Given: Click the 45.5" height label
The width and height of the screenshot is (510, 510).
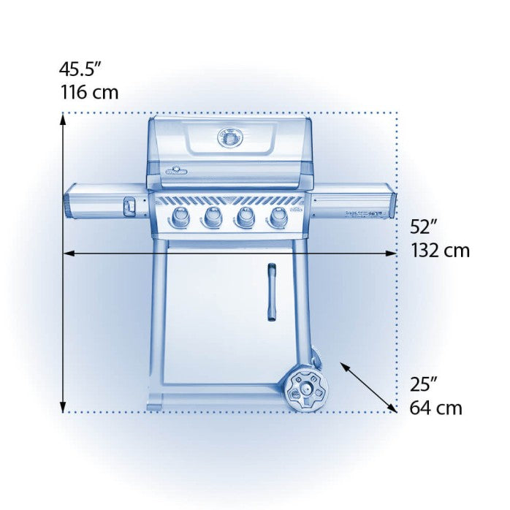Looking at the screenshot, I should tap(80, 69).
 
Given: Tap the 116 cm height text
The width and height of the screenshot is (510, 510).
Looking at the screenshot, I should tap(88, 93).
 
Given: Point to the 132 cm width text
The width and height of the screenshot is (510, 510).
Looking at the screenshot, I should tap(440, 251).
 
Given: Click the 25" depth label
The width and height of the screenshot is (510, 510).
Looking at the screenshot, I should tap(424, 383).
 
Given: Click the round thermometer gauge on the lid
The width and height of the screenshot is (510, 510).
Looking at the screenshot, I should tap(229, 137).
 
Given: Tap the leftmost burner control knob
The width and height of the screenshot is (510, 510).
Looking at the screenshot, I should tap(180, 216).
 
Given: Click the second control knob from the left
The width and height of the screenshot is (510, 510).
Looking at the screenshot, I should tap(213, 216).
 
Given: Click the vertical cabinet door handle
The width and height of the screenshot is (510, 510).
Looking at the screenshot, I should tap(271, 292).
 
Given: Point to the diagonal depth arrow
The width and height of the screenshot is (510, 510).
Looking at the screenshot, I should tap(368, 386).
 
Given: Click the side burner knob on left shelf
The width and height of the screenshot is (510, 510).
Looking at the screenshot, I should tap(129, 208).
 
